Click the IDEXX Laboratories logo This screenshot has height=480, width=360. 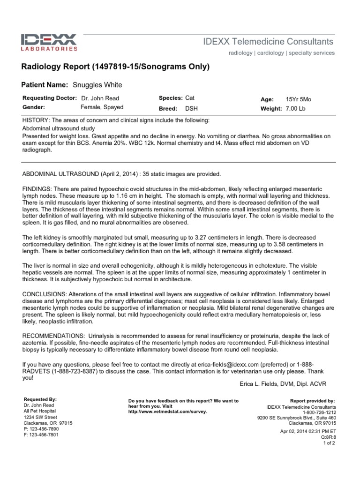tap(49, 42)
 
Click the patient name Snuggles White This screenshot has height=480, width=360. tap(97, 85)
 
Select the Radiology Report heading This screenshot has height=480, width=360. tap(115, 67)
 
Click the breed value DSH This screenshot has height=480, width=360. tap(192, 108)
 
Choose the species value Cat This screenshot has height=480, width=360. tap(190, 98)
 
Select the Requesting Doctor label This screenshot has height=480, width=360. tap(49, 98)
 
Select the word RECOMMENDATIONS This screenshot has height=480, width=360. tap(52, 336)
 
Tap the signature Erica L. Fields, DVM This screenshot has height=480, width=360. tap(283, 384)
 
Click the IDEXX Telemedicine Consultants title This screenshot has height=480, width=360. tap(268, 42)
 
